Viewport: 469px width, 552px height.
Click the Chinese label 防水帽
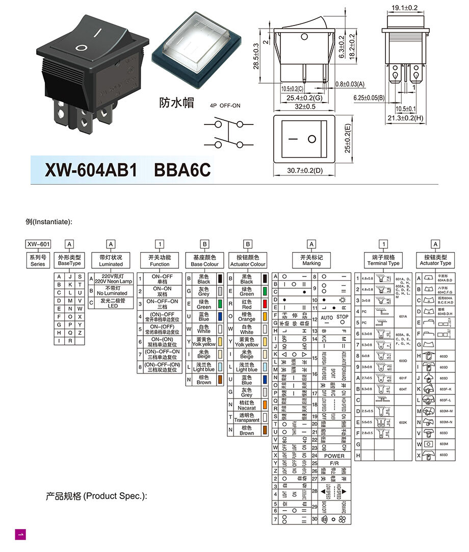tap(177, 102)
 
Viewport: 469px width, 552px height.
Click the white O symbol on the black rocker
tap(81, 48)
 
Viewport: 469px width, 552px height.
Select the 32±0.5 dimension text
tap(304, 107)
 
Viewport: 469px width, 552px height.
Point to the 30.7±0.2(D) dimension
tap(304, 170)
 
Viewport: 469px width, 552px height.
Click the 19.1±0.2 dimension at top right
tap(405, 8)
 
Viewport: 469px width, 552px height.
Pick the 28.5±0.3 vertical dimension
tap(256, 56)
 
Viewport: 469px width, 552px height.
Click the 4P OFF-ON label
tap(225, 106)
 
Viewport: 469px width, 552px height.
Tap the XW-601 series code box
tap(38, 244)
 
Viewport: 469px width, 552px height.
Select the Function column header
tap(160, 261)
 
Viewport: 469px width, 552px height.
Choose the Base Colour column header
tap(204, 261)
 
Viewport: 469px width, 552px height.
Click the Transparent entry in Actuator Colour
tap(247, 417)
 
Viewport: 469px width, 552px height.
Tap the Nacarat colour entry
tap(247, 405)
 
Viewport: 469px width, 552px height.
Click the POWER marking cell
tap(334, 456)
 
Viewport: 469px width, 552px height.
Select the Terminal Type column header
tap(383, 260)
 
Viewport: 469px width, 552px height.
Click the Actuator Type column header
tap(435, 260)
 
